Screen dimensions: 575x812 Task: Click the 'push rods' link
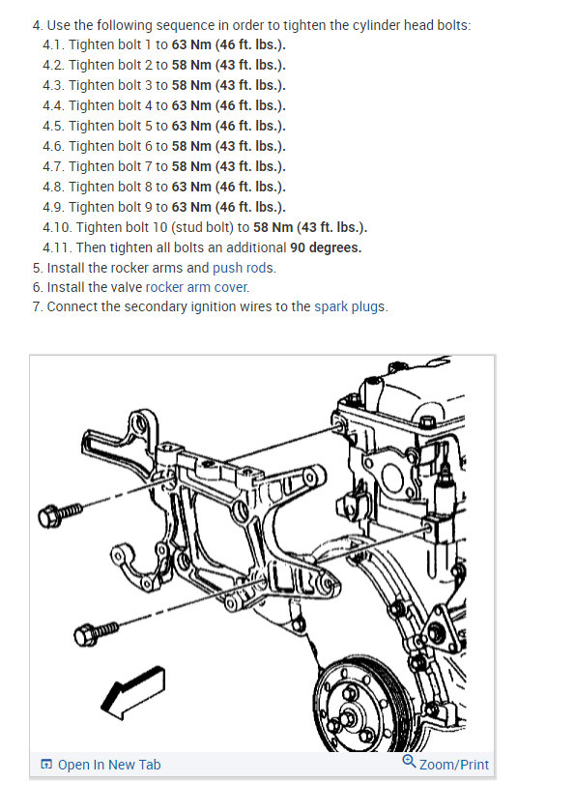pyautogui.click(x=244, y=268)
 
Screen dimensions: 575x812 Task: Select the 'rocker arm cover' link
pyautogui.click(x=197, y=287)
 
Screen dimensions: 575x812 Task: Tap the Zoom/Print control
pyautogui.click(x=446, y=764)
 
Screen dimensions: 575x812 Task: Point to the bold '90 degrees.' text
pyautogui.click(x=326, y=247)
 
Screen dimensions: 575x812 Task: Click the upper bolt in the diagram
pyautogui.click(x=60, y=513)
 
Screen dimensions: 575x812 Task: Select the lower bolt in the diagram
pyautogui.click(x=96, y=632)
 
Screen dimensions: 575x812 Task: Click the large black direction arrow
pyautogui.click(x=133, y=692)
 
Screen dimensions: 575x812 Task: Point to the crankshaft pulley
pyautogui.click(x=360, y=707)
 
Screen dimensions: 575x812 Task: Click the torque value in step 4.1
pyautogui.click(x=229, y=44)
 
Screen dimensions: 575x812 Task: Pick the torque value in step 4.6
pyautogui.click(x=229, y=146)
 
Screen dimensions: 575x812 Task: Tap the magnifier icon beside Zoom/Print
pyautogui.click(x=409, y=762)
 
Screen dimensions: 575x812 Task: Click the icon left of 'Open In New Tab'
pyautogui.click(x=46, y=765)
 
